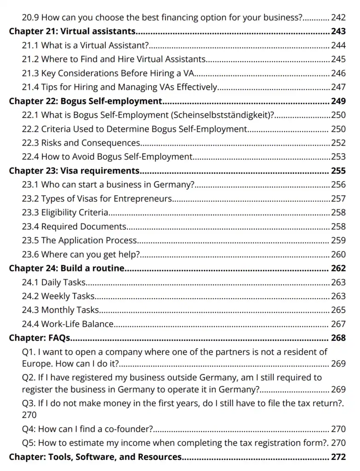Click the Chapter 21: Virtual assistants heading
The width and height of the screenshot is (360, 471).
coord(72,32)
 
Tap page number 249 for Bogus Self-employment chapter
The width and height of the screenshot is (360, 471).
coord(338,101)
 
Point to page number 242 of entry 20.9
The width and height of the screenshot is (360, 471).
coord(338,18)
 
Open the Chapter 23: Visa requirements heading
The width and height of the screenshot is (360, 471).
coord(74,171)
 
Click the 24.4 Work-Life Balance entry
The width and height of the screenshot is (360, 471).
coord(68,324)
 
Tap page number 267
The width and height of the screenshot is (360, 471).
coord(338,324)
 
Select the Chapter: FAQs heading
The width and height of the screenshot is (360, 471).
coord(40,338)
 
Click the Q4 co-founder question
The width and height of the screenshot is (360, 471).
coord(87,429)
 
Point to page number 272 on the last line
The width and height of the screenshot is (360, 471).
coord(338,457)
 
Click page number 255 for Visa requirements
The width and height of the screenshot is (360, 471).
coord(338,171)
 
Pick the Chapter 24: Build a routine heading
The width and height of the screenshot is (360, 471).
coord(67,268)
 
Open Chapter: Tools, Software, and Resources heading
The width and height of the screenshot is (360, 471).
coord(95,457)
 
